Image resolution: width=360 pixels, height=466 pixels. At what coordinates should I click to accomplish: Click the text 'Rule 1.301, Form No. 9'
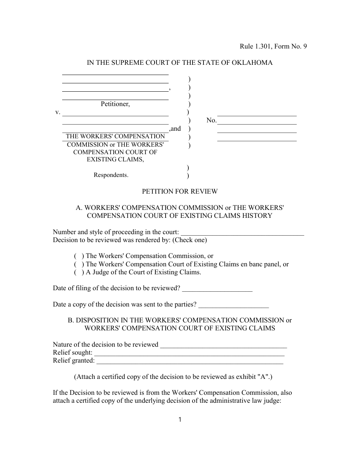[273, 47]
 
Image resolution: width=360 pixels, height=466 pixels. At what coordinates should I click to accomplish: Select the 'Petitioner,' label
[115, 104]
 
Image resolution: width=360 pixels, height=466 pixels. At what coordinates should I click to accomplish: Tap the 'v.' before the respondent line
[58, 112]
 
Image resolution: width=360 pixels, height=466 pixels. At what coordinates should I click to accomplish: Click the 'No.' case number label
[211, 120]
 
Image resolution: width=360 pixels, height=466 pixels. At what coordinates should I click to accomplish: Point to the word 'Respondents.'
[111, 175]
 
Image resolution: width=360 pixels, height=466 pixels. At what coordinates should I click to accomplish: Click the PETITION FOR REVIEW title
[180, 191]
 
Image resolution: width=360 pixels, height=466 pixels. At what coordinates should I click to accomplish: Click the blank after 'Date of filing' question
[217, 289]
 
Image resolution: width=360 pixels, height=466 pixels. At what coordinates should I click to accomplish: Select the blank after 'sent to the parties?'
[233, 305]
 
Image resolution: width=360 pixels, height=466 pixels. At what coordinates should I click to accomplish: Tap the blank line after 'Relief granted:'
[190, 361]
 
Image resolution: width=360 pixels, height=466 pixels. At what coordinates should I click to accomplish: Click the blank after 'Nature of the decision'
[224, 345]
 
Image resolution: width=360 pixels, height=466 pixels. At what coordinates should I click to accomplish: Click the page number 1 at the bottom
[180, 419]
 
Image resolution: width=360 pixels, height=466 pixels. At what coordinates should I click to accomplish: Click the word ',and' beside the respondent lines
[175, 129]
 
